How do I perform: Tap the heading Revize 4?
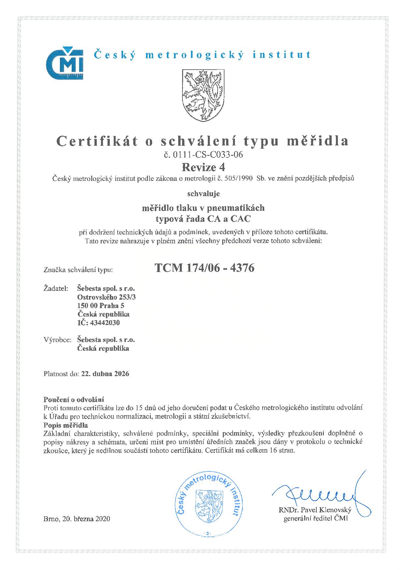point(203,167)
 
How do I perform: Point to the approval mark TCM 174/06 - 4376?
point(204,268)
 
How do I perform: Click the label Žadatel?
point(56,288)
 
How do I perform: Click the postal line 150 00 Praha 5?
point(101,305)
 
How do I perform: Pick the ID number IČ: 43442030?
point(98,323)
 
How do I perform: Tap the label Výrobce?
point(57,340)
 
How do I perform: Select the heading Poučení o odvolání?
point(74,400)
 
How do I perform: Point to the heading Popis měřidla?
point(65,425)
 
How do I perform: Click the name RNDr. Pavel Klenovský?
point(315,509)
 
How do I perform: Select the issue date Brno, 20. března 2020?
point(77,519)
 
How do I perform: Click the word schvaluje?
point(203,194)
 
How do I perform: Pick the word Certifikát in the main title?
point(97,141)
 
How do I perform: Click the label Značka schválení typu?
point(78,270)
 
